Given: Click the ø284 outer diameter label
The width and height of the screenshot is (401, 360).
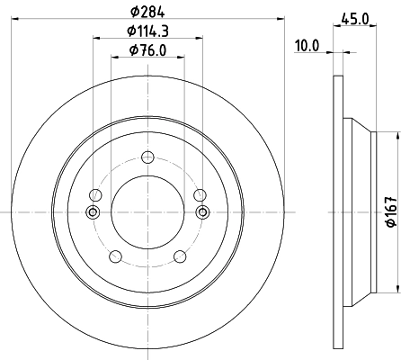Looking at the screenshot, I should point(147,11).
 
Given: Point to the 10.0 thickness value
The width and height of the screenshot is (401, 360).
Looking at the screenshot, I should point(308,45).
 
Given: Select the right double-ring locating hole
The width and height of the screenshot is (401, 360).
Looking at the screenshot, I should point(202,212).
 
